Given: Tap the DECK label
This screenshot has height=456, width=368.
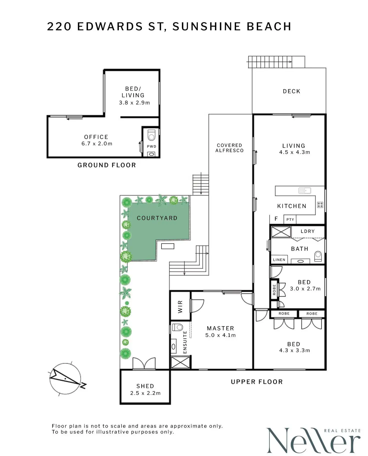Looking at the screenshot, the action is (x=291, y=91).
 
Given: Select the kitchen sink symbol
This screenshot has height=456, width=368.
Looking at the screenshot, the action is (x=305, y=191).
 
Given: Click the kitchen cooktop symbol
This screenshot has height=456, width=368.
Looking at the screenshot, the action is (x=320, y=205).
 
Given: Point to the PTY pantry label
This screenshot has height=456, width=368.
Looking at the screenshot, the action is (x=290, y=220).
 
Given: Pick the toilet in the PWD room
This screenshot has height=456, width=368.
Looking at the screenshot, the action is (x=151, y=135).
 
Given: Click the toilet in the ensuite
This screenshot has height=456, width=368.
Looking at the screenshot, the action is (x=178, y=327).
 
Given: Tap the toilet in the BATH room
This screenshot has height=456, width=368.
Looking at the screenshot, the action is (x=318, y=256).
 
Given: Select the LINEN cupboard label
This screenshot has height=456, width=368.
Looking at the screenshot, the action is (x=279, y=260).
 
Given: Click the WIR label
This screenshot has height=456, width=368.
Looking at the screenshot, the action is (x=180, y=307).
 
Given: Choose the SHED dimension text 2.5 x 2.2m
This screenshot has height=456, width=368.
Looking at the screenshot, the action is (x=145, y=393).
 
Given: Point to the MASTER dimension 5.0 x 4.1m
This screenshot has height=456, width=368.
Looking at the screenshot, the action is (x=220, y=335).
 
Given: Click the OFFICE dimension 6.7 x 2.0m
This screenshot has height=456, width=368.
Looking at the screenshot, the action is (x=97, y=144).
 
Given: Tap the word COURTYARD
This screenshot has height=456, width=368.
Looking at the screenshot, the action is (x=157, y=218).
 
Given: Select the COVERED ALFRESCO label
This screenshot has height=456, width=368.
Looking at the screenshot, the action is (x=229, y=148).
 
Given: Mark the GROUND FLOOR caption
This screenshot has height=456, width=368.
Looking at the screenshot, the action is (x=107, y=165).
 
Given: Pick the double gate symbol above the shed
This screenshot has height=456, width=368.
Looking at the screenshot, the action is (x=144, y=363).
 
